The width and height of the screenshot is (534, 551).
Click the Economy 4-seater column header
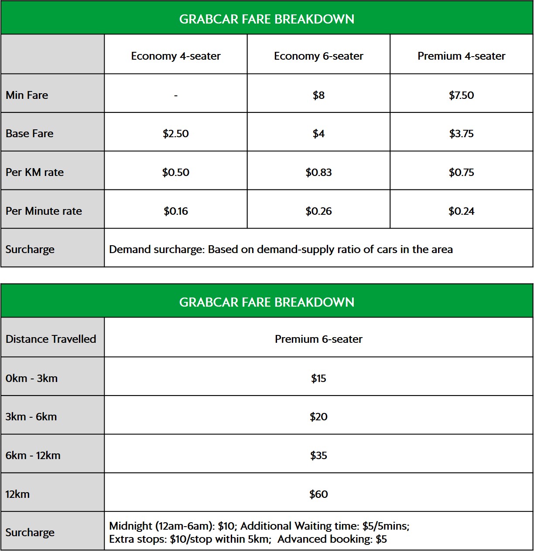tap(175, 56)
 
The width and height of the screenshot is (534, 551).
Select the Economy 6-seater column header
tap(318, 56)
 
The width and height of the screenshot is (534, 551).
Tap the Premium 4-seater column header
tap(461, 56)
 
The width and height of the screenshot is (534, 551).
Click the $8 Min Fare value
tap(318, 95)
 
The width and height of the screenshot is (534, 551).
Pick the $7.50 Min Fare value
tap(461, 95)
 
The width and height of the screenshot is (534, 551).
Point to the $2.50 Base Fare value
tap(175, 133)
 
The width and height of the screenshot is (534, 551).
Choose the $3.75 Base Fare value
tap(461, 133)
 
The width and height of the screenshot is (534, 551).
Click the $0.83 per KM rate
tap(318, 172)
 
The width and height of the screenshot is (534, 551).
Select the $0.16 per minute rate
tap(175, 211)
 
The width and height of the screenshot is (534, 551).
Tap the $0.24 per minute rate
tap(461, 211)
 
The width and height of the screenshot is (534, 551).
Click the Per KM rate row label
tap(34, 172)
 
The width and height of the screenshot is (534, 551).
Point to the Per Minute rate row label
tap(44, 211)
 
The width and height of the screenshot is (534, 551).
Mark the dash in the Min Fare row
tap(175, 95)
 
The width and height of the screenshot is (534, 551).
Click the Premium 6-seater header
tap(318, 339)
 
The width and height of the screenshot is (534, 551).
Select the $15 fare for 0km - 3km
tap(318, 378)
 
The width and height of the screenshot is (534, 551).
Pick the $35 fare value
tap(318, 455)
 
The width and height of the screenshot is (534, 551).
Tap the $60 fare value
tap(318, 494)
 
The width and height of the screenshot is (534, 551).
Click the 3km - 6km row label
tap(31, 416)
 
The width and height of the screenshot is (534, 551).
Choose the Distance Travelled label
tap(51, 339)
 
